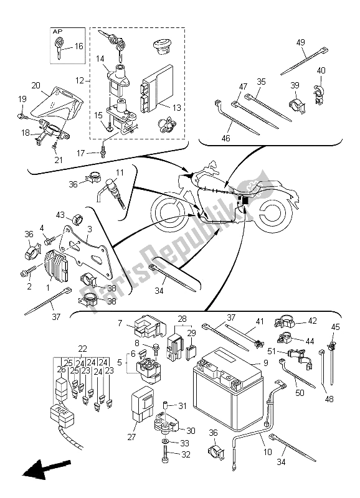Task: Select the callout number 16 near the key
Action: click(78, 46)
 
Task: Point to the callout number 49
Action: click(300, 43)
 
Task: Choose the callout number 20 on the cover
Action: click(35, 85)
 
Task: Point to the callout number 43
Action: click(60, 215)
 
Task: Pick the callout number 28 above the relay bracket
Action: click(182, 319)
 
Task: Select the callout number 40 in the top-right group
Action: click(321, 70)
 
